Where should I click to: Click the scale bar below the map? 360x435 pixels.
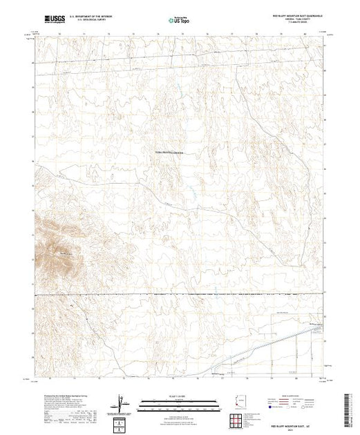click(173, 403)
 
